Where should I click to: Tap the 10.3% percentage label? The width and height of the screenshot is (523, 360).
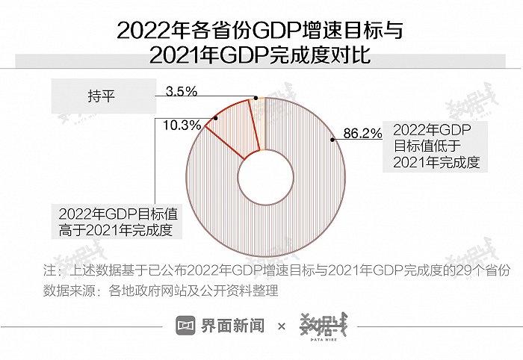(180, 125)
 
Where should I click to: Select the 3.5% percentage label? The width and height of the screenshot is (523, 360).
(181, 92)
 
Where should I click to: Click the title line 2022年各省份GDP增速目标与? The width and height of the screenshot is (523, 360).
(261, 31)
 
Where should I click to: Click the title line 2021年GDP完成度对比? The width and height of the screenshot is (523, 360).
(261, 56)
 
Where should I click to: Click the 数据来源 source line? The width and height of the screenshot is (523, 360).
(161, 289)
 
